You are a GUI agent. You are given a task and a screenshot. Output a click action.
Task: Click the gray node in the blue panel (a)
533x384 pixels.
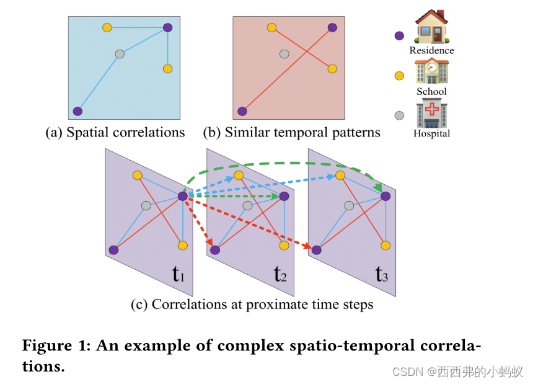click(x=120, y=54)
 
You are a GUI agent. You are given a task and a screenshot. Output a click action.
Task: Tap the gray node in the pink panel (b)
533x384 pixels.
click(x=284, y=54)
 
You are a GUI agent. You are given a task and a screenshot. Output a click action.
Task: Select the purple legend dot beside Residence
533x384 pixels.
click(x=399, y=36)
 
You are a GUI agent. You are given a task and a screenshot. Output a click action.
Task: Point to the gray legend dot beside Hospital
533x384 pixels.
click(x=399, y=115)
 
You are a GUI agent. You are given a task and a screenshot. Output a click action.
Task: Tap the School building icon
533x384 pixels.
click(x=432, y=70)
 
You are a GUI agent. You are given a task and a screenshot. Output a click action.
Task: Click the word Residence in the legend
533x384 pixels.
click(x=432, y=50)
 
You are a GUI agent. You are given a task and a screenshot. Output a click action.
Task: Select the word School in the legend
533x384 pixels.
click(x=431, y=91)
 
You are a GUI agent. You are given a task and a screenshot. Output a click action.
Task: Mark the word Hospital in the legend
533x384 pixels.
click(x=432, y=133)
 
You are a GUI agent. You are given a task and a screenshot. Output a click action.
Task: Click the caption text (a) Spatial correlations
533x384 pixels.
click(x=115, y=132)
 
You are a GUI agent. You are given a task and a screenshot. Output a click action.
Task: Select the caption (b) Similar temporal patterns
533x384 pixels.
click(x=291, y=132)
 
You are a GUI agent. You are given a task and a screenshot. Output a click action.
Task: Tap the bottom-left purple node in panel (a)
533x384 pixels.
click(x=77, y=112)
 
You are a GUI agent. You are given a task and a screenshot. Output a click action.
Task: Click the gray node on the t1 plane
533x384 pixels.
click(x=146, y=205)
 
